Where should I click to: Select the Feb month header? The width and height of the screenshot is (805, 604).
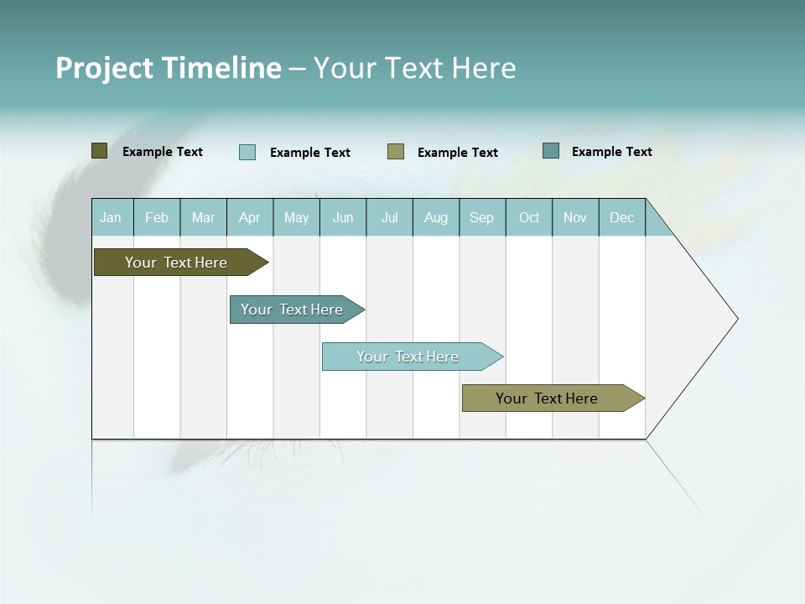pyautogui.click(x=157, y=217)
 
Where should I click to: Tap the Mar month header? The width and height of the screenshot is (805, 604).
pyautogui.click(x=203, y=217)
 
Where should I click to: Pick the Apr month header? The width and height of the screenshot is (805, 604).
pyautogui.click(x=250, y=217)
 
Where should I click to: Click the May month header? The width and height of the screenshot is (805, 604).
pyautogui.click(x=296, y=217)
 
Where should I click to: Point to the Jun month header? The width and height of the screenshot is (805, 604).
pyautogui.click(x=343, y=217)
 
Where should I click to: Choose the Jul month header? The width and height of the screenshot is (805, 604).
pyautogui.click(x=389, y=217)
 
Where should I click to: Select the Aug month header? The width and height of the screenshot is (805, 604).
pyautogui.click(x=436, y=217)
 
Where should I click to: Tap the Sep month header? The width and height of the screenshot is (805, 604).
pyautogui.click(x=482, y=217)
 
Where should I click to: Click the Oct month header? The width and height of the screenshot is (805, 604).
pyautogui.click(x=529, y=217)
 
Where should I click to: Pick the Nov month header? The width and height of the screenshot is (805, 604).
pyautogui.click(x=575, y=217)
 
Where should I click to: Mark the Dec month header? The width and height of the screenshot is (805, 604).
pyautogui.click(x=621, y=217)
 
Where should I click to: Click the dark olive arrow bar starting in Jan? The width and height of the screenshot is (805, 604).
pyautogui.click(x=176, y=263)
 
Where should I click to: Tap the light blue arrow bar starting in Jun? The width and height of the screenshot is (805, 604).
pyautogui.click(x=408, y=357)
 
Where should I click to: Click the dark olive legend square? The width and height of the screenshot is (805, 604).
pyautogui.click(x=100, y=151)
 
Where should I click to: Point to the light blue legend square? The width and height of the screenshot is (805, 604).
pyautogui.click(x=247, y=152)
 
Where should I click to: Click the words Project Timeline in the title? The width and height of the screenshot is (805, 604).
pyautogui.click(x=169, y=68)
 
